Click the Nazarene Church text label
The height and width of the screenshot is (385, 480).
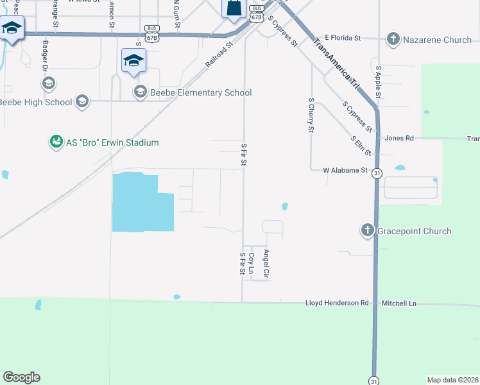click(x=437, y=40)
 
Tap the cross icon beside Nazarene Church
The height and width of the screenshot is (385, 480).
click(x=393, y=40)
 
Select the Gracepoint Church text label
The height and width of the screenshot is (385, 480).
click(x=414, y=231)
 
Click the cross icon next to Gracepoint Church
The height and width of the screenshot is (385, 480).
click(x=368, y=231)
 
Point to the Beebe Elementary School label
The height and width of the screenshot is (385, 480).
click(x=201, y=92)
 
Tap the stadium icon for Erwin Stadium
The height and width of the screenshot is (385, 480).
click(x=56, y=142)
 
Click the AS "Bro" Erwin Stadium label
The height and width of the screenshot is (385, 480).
click(x=112, y=142)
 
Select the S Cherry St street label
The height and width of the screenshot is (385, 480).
click(x=311, y=116)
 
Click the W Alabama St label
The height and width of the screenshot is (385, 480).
click(x=345, y=170)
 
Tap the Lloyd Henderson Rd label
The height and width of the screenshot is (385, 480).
click(x=337, y=303)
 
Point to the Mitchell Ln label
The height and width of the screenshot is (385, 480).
click(x=399, y=303)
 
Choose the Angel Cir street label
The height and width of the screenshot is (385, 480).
click(x=266, y=264)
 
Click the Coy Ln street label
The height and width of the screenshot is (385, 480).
click(x=252, y=264)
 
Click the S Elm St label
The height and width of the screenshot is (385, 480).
click(x=361, y=146)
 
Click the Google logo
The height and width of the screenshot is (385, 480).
click(x=21, y=377)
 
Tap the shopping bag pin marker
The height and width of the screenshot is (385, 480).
click(x=234, y=8)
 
